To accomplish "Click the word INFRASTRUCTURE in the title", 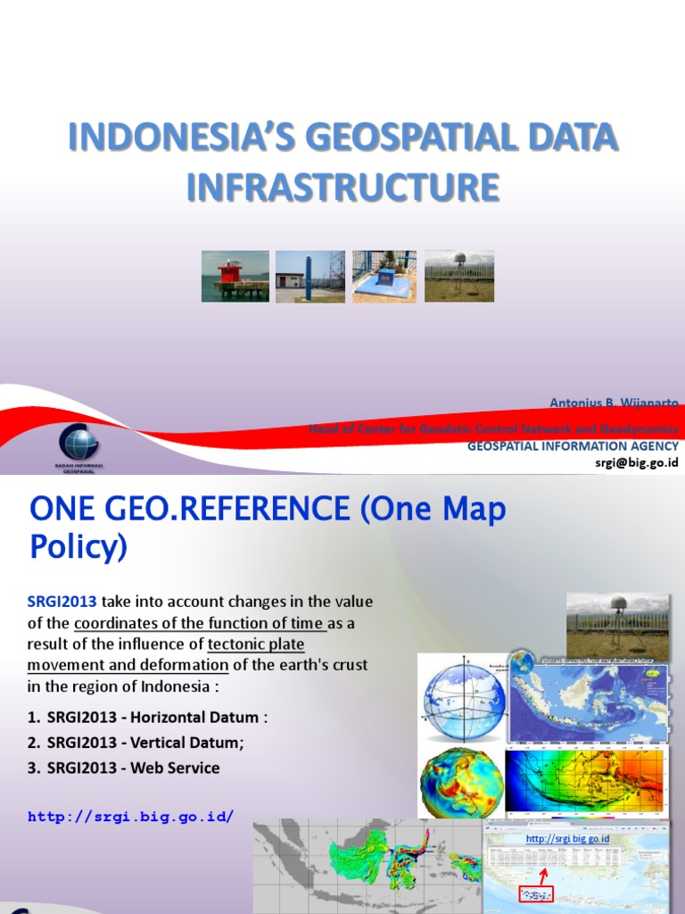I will [x=342, y=187].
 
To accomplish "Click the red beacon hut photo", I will [x=235, y=276].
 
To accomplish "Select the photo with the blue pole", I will [x=309, y=276].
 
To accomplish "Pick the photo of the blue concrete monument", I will [x=384, y=276].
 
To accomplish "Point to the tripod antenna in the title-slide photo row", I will [x=459, y=276].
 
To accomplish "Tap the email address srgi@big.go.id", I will [x=637, y=461].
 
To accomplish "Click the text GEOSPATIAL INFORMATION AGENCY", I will [x=573, y=445].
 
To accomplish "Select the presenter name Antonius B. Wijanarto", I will [x=614, y=403].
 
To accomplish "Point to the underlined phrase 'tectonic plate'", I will [x=256, y=644].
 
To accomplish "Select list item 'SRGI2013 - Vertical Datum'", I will [x=143, y=743].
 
